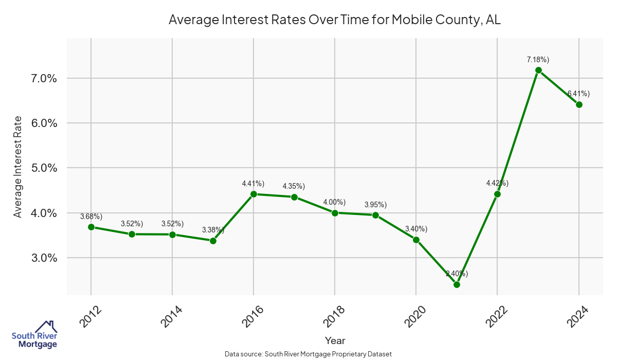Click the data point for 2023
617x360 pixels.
click(x=538, y=70)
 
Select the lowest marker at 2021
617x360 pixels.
click(x=457, y=284)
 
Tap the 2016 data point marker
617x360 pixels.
click(x=253, y=194)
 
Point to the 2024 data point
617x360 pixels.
click(x=579, y=104)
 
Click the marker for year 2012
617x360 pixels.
click(x=91, y=227)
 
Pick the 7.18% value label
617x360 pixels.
click(x=538, y=60)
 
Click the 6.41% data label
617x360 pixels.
click(x=578, y=94)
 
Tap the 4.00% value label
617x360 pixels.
click(x=335, y=202)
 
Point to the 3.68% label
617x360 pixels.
click(x=91, y=217)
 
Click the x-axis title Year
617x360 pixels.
click(x=335, y=340)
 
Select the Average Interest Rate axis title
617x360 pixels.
click(x=18, y=167)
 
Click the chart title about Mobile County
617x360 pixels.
click(x=335, y=20)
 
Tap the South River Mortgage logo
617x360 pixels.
click(x=34, y=335)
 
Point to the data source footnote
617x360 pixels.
click(x=308, y=354)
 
